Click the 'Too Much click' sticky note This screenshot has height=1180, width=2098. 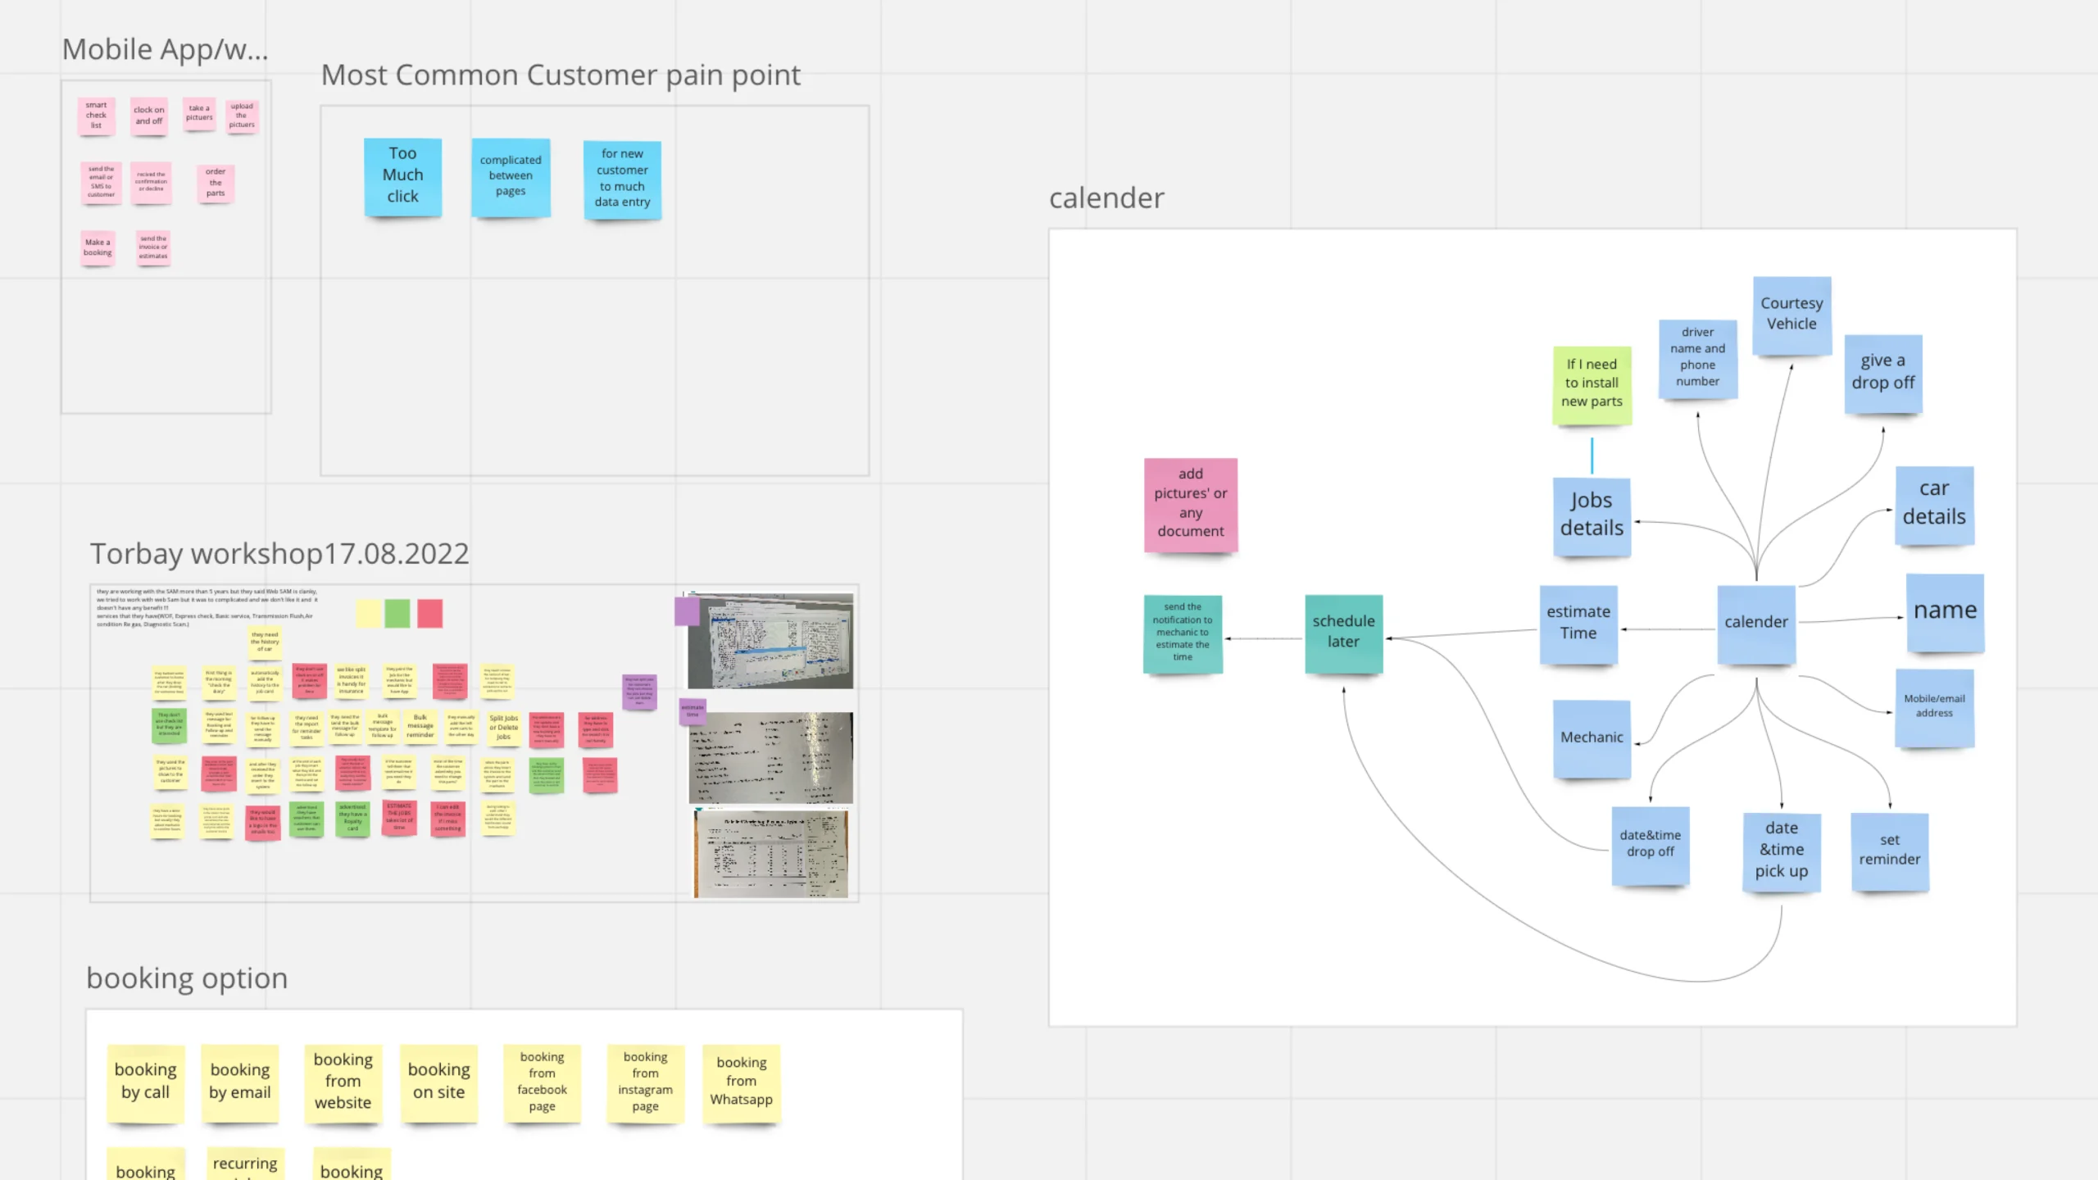click(402, 175)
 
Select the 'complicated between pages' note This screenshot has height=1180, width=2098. click(510, 176)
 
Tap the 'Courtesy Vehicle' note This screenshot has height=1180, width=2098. click(1791, 314)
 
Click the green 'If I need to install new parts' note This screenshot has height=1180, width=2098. click(1592, 383)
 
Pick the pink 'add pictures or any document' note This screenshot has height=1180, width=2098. click(1190, 503)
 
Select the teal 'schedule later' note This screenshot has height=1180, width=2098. click(1343, 632)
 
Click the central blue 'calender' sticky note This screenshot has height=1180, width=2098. click(1755, 622)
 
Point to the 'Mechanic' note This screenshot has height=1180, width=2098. click(1592, 737)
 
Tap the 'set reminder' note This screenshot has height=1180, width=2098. click(1889, 850)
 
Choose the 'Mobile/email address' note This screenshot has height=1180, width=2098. click(1934, 706)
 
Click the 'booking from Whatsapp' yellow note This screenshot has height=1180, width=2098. click(741, 1082)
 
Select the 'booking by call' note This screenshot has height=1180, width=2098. click(145, 1082)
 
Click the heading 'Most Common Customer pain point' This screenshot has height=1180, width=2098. click(561, 75)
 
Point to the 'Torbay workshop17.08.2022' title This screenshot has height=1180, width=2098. click(279, 554)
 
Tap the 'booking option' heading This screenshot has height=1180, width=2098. click(187, 978)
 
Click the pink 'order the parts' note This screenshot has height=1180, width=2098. click(216, 183)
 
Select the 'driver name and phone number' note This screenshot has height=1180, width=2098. click(1697, 357)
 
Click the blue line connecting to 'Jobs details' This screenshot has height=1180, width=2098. click(1592, 456)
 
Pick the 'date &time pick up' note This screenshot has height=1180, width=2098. click(1781, 850)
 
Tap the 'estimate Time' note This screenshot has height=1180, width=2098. click(1578, 623)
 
